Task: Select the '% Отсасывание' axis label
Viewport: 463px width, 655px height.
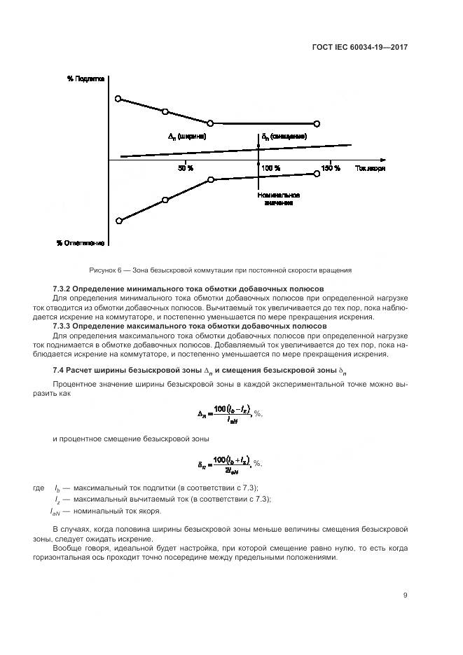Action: pos(81,243)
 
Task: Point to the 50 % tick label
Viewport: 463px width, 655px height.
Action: pos(186,169)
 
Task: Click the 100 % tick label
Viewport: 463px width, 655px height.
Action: pos(271,169)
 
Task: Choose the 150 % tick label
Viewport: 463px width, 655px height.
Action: pos(330,169)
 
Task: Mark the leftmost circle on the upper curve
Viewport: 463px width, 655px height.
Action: pos(118,99)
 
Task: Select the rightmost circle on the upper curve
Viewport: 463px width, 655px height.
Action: pos(317,123)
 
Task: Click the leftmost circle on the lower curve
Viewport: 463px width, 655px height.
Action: pos(118,221)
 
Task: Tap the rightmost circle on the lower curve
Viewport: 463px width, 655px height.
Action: pos(317,174)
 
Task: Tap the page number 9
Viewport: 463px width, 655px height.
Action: pos(406,595)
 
